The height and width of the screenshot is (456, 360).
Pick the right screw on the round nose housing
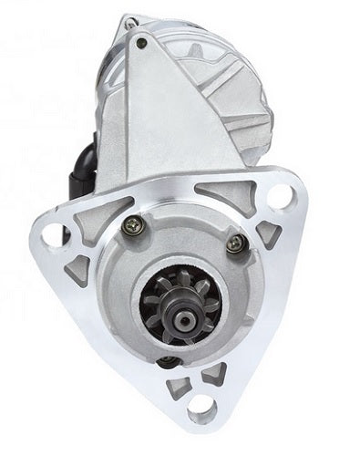click(x=236, y=242)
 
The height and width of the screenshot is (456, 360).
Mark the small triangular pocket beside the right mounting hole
click(x=266, y=233)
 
